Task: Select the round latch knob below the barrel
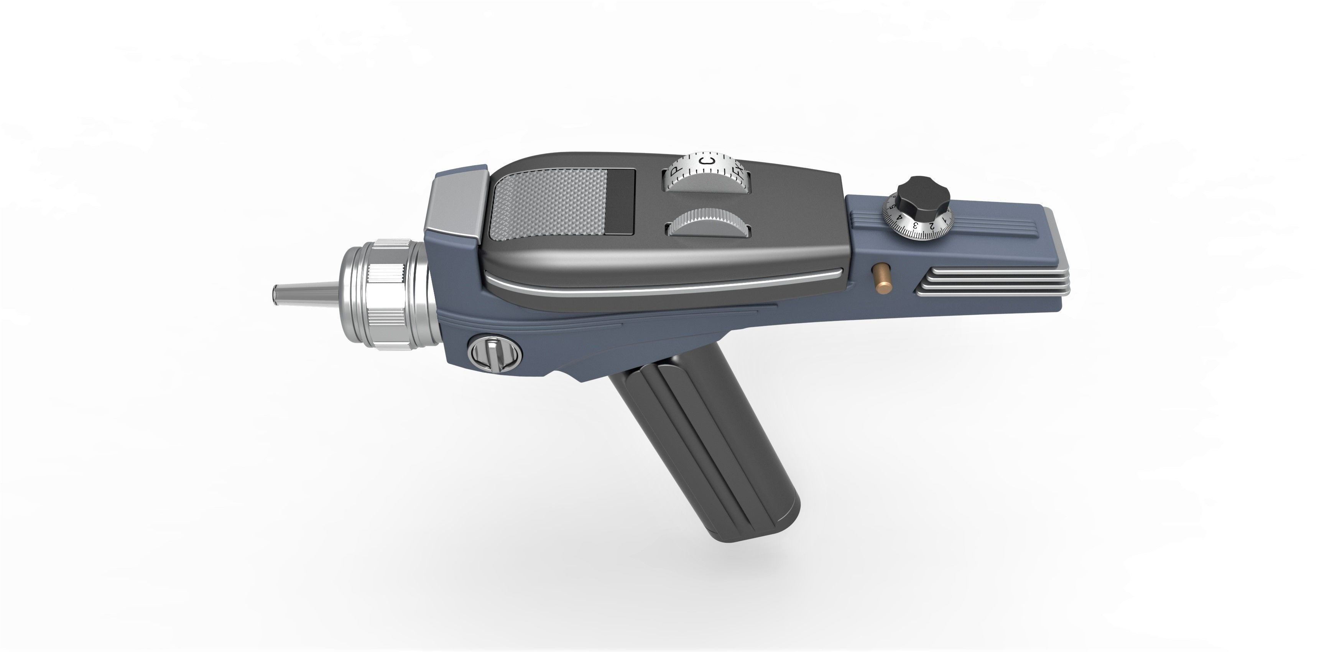point(494,353)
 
